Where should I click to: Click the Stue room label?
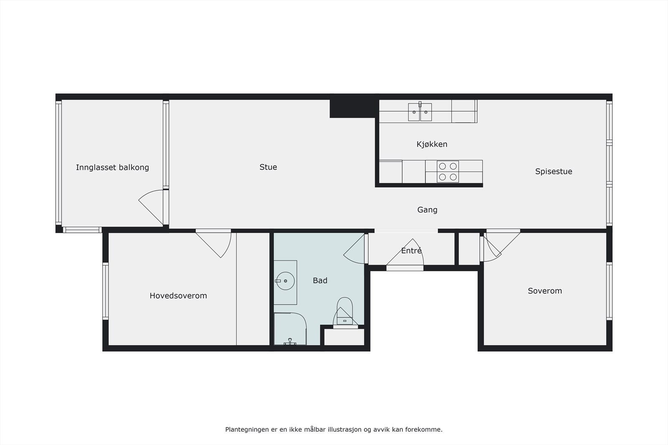pyautogui.click(x=268, y=167)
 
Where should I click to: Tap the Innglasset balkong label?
pyautogui.click(x=112, y=168)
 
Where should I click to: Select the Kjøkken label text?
pyautogui.click(x=432, y=144)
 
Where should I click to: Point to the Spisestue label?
pyautogui.click(x=554, y=171)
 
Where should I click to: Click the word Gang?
pyautogui.click(x=427, y=210)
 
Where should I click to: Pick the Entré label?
pyautogui.click(x=411, y=251)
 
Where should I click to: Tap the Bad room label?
pyautogui.click(x=320, y=281)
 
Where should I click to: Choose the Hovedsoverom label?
pyautogui.click(x=178, y=296)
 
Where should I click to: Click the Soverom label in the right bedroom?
pyautogui.click(x=544, y=291)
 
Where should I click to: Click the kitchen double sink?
pyautogui.click(x=420, y=112)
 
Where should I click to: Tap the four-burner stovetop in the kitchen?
pyautogui.click(x=448, y=171)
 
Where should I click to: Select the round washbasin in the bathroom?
pyautogui.click(x=286, y=281)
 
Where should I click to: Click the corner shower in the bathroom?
pyautogui.click(x=290, y=329)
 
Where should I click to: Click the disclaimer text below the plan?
pyautogui.click(x=334, y=429)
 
